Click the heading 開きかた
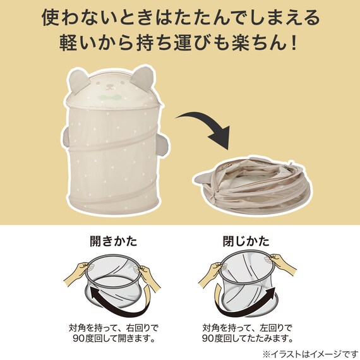[114, 241]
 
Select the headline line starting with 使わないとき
[180, 16]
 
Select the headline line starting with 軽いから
[180, 45]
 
